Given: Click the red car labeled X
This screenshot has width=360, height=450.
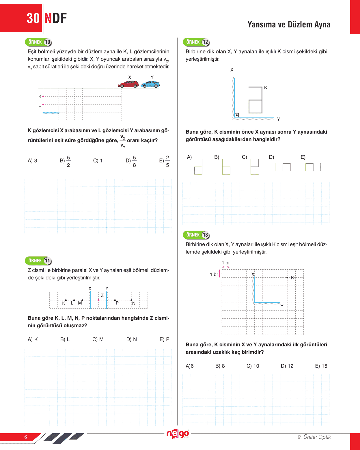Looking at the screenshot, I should (x=128, y=84).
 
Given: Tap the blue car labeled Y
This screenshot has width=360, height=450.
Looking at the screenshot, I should (x=150, y=84).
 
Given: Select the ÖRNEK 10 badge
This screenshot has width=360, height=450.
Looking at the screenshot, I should (x=38, y=42).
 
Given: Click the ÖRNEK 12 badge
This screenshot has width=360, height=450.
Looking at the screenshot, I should (x=196, y=42).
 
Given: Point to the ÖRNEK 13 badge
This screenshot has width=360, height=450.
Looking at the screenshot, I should (x=196, y=235).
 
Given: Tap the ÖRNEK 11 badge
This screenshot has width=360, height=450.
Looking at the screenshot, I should (x=38, y=261).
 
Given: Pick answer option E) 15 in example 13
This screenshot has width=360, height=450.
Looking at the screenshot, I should (x=321, y=366).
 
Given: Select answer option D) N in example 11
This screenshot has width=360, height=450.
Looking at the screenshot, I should (x=132, y=339).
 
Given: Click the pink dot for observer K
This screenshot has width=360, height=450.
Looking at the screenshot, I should (x=43, y=96).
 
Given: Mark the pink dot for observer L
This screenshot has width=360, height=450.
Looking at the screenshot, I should (x=43, y=105).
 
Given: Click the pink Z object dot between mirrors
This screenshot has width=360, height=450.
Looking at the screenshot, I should (x=99, y=300).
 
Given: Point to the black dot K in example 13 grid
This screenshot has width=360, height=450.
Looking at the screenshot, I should (x=287, y=278).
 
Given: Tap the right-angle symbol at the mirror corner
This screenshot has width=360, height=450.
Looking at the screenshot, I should (x=237, y=115).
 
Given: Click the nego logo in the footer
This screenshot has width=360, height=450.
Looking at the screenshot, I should (x=178, y=434).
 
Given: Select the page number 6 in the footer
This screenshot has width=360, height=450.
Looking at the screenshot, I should (x=26, y=437).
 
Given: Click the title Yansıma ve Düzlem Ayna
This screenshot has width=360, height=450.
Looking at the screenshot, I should (x=289, y=25).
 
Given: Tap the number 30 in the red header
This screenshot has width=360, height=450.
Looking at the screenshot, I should (x=33, y=18).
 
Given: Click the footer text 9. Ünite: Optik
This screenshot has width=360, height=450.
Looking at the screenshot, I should (x=314, y=437).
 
